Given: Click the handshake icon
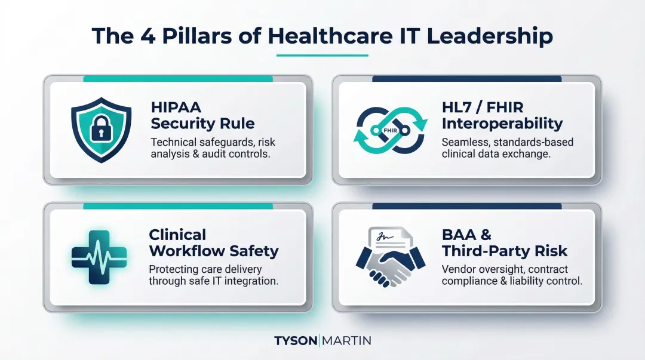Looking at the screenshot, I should tap(391, 263).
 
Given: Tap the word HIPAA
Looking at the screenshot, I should tap(176, 108).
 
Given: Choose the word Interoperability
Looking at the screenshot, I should tap(502, 124).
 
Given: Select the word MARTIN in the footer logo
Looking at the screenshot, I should tap(347, 341).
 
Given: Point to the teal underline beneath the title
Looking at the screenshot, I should tap(322, 56).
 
